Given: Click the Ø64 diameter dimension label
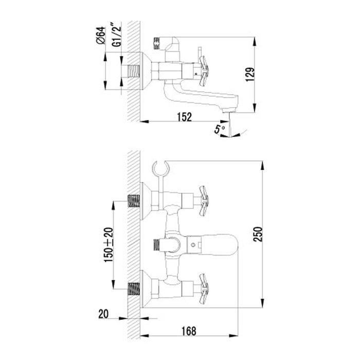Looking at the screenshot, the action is click(101, 35).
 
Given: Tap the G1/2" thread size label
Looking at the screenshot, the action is click(117, 34).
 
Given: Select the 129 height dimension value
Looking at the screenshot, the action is click(250, 74).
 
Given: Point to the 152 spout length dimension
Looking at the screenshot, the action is click(184, 117).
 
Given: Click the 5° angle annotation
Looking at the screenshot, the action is click(220, 129).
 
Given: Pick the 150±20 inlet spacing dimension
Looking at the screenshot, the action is click(109, 245).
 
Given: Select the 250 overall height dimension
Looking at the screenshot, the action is click(258, 234).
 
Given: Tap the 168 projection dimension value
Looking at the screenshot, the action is click(189, 331).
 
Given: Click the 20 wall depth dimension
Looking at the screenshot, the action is click(103, 314).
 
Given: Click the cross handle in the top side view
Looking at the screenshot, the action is click(204, 71).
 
